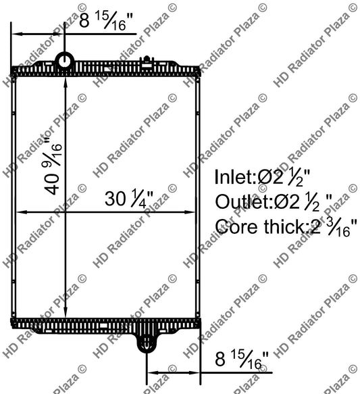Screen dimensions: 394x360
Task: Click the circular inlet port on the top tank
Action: click(66, 61)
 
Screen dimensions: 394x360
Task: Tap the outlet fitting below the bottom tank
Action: click(146, 342)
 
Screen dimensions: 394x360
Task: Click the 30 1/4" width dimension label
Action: click(128, 199)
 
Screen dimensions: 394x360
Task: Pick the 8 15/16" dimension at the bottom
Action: click(239, 358)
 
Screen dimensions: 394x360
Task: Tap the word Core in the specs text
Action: click(233, 226)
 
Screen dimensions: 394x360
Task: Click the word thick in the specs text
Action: click(280, 226)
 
